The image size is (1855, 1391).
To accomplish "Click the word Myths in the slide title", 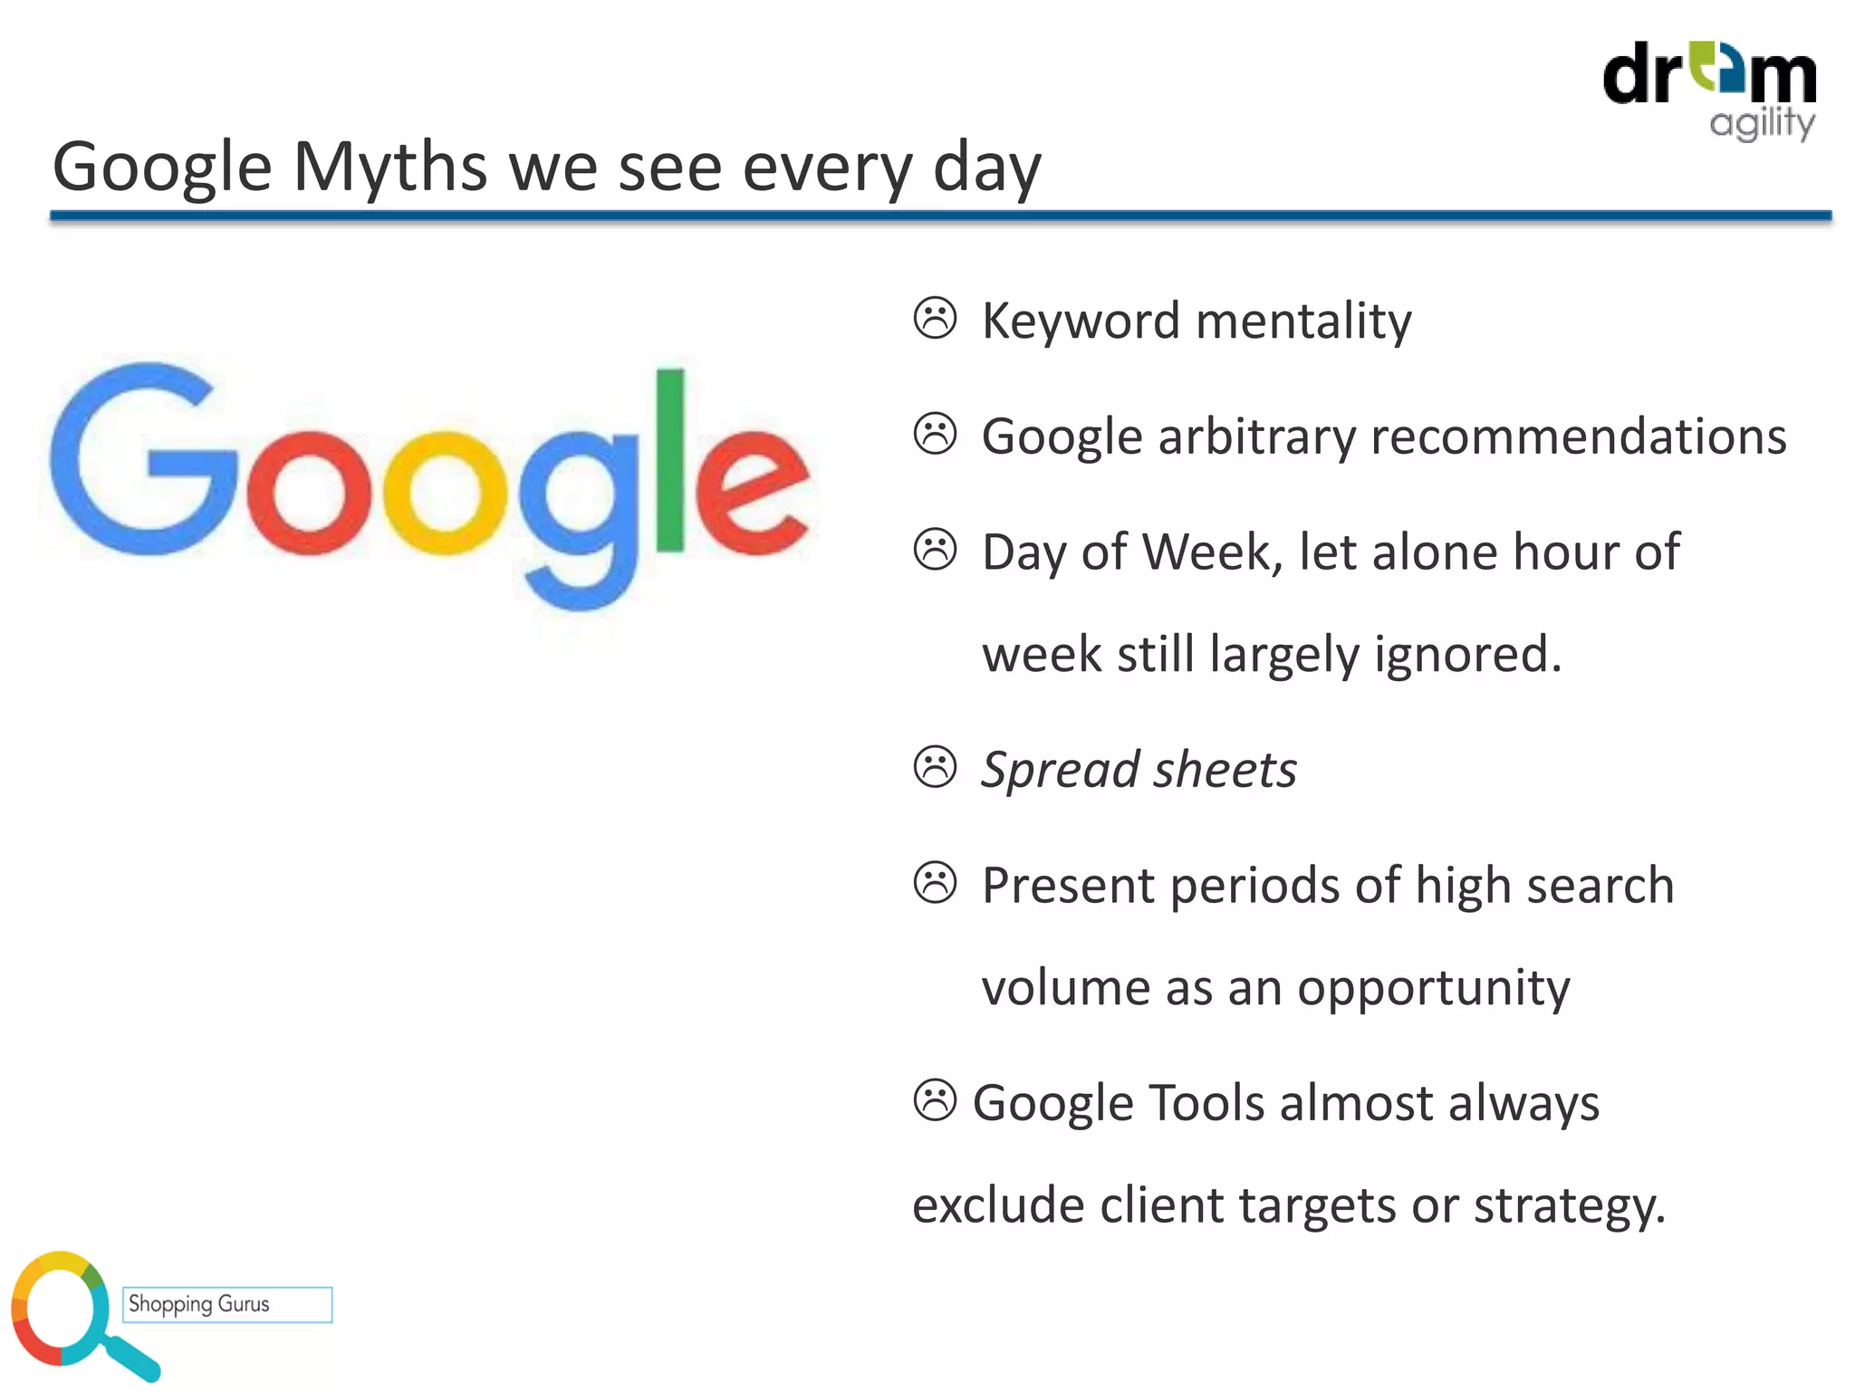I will coord(390,168).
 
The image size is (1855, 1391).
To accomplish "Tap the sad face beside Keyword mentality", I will coord(935,319).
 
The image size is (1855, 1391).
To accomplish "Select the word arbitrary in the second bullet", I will coord(1258,436).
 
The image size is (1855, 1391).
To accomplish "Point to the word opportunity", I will coord(1434,988).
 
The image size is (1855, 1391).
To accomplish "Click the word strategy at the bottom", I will coord(1570,1206).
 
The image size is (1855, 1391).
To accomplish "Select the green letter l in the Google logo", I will coord(670,460).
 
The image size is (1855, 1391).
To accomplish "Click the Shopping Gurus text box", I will coord(227,1304).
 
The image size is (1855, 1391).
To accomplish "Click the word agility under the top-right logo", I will coord(1762,123).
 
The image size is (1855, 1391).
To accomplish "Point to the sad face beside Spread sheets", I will coord(935,768).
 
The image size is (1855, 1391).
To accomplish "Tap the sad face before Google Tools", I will coord(935,1100).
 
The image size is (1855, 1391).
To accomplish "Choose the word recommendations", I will coord(1578,436).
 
